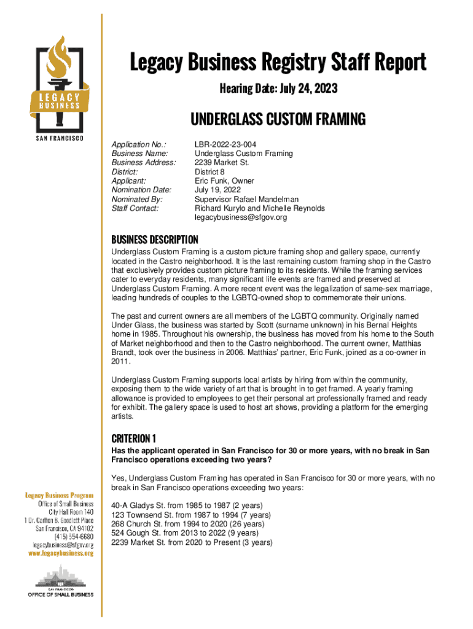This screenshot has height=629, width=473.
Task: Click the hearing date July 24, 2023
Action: tap(278, 90)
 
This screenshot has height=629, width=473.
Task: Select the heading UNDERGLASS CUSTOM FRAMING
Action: tap(278, 119)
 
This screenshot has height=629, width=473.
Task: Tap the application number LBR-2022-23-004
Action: tap(225, 144)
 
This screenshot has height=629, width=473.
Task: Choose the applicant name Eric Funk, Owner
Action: tap(224, 181)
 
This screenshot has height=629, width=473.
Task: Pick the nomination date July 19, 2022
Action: tap(218, 190)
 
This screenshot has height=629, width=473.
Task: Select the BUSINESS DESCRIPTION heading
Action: tap(154, 240)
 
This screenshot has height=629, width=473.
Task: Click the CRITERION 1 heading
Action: tap(133, 439)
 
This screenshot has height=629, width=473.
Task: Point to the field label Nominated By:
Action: tap(136, 200)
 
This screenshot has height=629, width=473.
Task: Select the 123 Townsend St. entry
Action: tap(190, 515)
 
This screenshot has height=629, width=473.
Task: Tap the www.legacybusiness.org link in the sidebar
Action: tap(60, 553)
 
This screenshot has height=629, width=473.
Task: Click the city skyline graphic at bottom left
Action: tap(60, 578)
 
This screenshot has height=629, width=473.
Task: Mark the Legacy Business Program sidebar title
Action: tap(59, 495)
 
